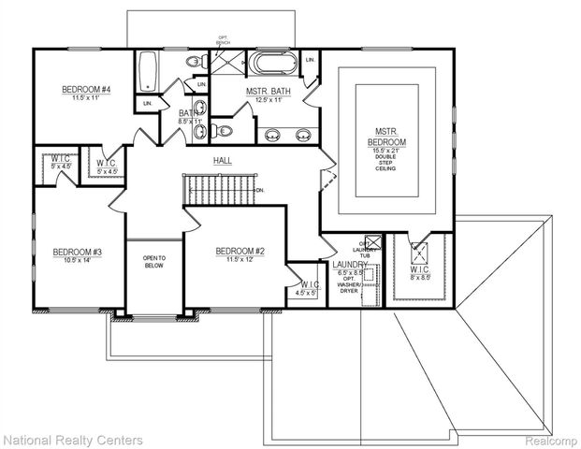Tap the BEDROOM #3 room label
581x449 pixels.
(77, 252)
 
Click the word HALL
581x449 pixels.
(223, 161)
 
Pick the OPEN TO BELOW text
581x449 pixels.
(154, 262)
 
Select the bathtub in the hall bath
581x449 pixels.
(148, 68)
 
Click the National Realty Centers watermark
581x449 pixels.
(72, 439)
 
